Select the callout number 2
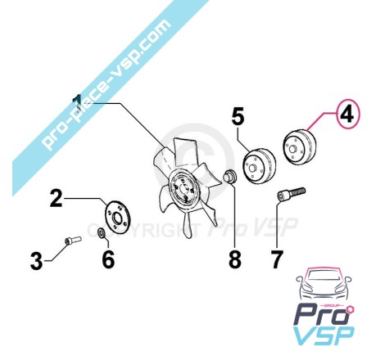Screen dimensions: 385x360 pos(57,199)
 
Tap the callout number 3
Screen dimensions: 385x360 pos(37,261)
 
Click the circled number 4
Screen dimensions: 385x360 pos(347,115)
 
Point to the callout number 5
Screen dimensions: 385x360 pos(238,116)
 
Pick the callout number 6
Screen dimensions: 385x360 pos(108,259)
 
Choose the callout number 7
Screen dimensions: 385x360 pos(276,259)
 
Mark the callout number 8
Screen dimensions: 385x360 pos(235,259)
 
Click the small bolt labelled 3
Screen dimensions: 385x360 pos(73,241)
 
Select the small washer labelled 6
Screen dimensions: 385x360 pos(102,232)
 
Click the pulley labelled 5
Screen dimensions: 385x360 pos(259,166)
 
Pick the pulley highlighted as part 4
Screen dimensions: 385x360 pos(299,147)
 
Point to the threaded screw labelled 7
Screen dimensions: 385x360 pos(291,194)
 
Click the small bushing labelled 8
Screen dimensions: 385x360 pos(230,175)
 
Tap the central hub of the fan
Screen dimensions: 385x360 pos(182,190)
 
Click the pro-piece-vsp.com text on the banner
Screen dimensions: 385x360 pos(106,83)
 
